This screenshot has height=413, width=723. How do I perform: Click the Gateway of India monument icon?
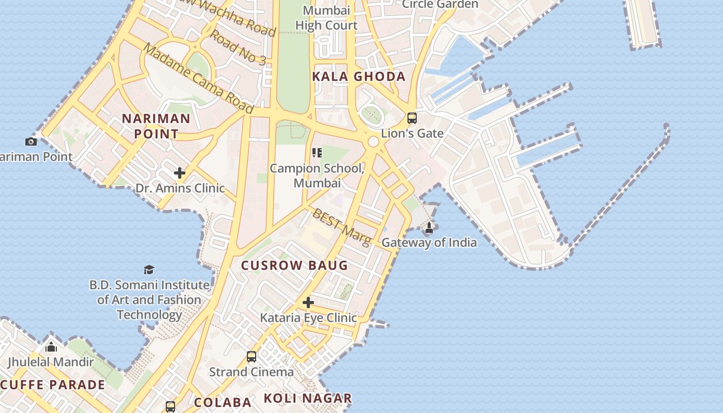tap(429, 227)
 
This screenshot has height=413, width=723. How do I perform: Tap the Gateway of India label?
tap(429, 243)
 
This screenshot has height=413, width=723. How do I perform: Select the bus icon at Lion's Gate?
tap(412, 118)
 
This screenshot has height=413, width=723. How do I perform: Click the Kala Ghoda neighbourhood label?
tap(359, 77)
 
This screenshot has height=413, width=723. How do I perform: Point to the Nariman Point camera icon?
tap(31, 141)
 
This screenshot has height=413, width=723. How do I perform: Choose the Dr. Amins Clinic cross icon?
tap(180, 172)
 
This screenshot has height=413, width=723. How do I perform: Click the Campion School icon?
tap(317, 153)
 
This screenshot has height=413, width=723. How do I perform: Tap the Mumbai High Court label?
tap(326, 18)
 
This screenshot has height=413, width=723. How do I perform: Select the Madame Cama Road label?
tap(198, 78)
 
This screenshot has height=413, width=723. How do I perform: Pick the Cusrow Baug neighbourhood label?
tap(295, 266)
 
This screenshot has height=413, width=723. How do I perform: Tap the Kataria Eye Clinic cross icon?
tap(308, 302)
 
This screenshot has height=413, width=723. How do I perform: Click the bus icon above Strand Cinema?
tap(252, 356)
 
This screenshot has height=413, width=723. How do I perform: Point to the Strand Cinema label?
tap(252, 372)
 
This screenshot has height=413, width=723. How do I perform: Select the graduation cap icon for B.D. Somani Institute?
tap(149, 269)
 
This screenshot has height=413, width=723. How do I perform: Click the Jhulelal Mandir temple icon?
tap(51, 347)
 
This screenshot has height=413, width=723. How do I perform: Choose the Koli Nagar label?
tap(308, 399)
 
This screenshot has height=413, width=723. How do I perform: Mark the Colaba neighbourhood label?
tap(223, 402)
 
